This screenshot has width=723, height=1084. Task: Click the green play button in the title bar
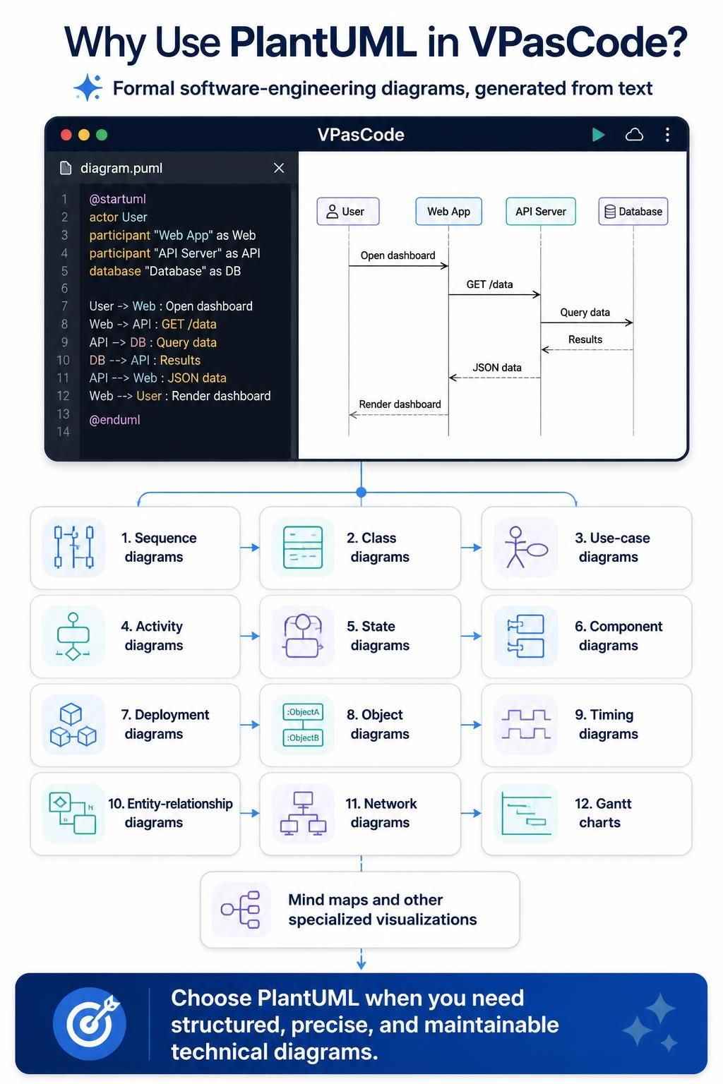598,135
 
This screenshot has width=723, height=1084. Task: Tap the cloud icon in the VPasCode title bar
634,135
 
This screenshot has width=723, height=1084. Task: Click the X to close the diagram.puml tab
279,168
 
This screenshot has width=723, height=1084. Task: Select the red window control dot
66,135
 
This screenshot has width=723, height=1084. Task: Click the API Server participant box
540,212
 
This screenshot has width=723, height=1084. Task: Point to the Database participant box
633,212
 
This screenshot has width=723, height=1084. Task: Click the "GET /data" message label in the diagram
489,284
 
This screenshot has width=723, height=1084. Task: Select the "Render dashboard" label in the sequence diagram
400,404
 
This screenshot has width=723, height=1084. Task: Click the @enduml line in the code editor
115,420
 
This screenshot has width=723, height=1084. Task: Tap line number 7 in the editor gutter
64,306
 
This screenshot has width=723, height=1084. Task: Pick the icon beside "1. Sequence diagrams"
73,548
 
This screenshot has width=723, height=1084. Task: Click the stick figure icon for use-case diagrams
526,548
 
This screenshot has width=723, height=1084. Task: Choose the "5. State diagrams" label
378,636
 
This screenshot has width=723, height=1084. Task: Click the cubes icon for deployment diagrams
73,725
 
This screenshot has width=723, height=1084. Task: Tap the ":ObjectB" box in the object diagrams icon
303,737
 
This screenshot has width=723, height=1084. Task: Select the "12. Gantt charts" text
603,813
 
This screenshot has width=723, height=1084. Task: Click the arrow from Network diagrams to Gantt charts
471,814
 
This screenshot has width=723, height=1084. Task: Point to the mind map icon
240,910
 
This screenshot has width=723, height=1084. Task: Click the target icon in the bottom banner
90,1023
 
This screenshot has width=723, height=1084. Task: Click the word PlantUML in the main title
323,42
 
